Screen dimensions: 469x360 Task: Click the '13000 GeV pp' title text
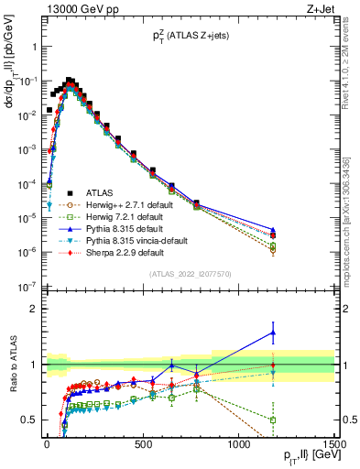[75, 11]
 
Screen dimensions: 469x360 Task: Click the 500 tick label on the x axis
[143, 442]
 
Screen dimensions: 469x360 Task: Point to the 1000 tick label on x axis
[239, 442]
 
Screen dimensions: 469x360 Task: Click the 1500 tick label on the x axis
[334, 442]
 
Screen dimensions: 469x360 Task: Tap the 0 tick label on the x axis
[47, 442]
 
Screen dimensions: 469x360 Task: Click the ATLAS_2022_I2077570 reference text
[190, 275]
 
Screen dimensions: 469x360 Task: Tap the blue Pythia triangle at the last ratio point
[273, 333]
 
